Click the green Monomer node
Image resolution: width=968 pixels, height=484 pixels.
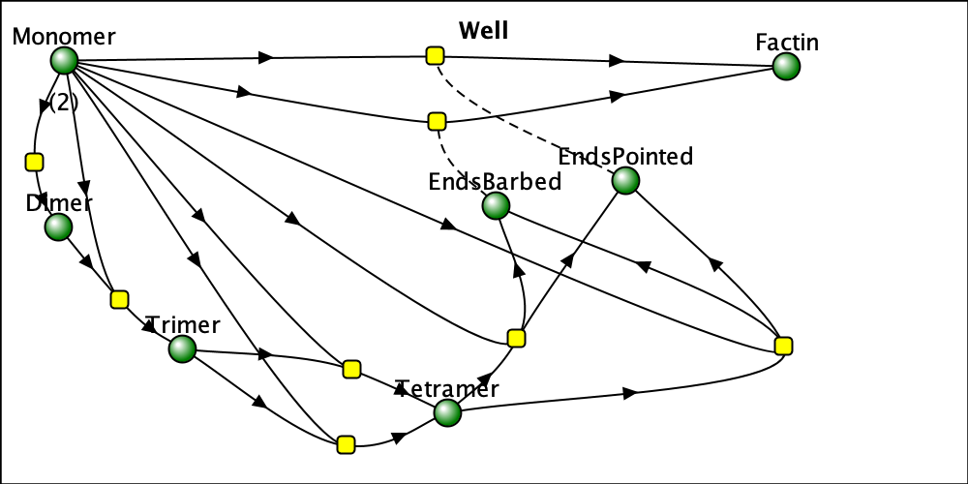(64, 61)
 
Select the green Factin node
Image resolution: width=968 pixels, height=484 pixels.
(787, 67)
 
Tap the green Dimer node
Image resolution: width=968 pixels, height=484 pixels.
(58, 227)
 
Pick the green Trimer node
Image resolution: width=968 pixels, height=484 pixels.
(182, 349)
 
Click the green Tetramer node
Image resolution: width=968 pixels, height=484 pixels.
(447, 413)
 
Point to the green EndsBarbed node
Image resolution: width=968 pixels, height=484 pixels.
(496, 205)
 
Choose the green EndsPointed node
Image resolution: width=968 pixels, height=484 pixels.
(625, 180)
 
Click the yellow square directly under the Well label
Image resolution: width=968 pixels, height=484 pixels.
(435, 55)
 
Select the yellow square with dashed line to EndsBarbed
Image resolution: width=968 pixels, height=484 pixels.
(437, 121)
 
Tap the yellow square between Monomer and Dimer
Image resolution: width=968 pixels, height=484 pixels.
(34, 161)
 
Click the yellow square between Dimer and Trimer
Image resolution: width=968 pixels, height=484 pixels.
(119, 299)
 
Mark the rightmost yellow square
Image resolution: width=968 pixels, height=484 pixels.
(784, 346)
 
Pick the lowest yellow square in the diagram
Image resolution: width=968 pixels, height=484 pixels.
(346, 444)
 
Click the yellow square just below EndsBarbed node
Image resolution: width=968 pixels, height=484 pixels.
(516, 338)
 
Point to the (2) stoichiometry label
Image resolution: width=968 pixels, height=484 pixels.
(62, 103)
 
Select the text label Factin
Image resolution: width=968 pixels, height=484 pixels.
(787, 43)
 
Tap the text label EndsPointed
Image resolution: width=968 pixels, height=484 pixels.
(625, 156)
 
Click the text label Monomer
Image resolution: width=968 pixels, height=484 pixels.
(64, 37)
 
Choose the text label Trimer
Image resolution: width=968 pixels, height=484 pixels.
(183, 324)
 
